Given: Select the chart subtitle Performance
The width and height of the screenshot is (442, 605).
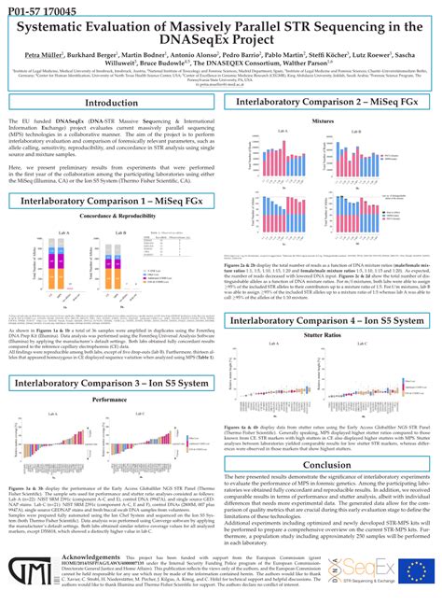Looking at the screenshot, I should tap(110, 372).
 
